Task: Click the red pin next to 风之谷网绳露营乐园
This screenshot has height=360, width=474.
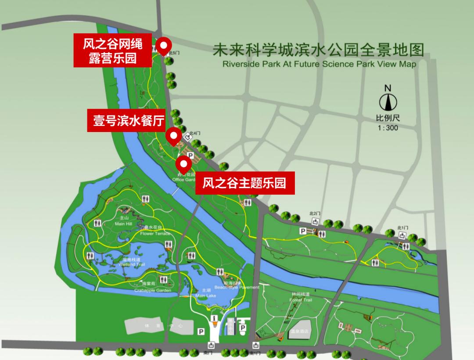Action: pos(164,45)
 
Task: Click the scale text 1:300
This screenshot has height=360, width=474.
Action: pos(388,128)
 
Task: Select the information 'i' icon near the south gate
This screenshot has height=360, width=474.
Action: pos(215,318)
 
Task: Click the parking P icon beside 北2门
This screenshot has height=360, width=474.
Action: pos(302,231)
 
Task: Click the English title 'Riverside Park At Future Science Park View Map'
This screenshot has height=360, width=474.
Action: pos(319,64)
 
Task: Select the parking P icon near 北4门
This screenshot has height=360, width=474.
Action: pos(190,155)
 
